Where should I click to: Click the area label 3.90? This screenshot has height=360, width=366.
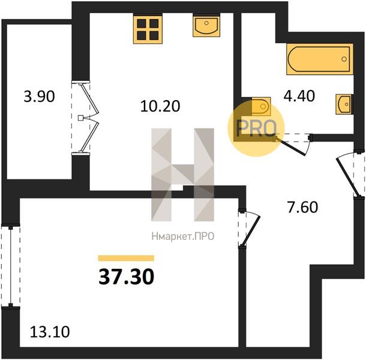(x=39, y=97)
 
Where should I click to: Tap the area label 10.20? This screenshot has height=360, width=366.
(x=160, y=106)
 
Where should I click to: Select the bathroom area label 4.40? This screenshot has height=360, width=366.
(x=299, y=96)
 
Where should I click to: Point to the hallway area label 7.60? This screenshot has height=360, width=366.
(x=302, y=207)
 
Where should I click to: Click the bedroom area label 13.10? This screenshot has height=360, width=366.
(x=50, y=332)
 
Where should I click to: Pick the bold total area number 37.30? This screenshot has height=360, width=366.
(x=126, y=277)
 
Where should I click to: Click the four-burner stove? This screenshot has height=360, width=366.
(x=148, y=28)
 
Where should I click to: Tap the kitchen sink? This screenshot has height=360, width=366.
(x=206, y=25)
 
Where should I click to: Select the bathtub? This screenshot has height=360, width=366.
(x=320, y=59)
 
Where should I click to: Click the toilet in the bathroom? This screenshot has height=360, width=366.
(x=261, y=106)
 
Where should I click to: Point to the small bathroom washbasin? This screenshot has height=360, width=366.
(x=344, y=104)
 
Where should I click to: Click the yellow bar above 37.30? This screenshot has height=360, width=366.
(x=126, y=258)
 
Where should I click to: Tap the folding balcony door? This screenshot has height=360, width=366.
(x=85, y=118)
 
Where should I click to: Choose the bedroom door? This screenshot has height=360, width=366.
(x=249, y=229)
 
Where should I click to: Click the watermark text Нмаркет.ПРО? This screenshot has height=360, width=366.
(x=183, y=236)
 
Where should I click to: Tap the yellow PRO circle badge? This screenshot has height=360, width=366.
(x=256, y=128)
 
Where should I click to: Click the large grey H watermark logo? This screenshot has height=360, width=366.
(x=182, y=175)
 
